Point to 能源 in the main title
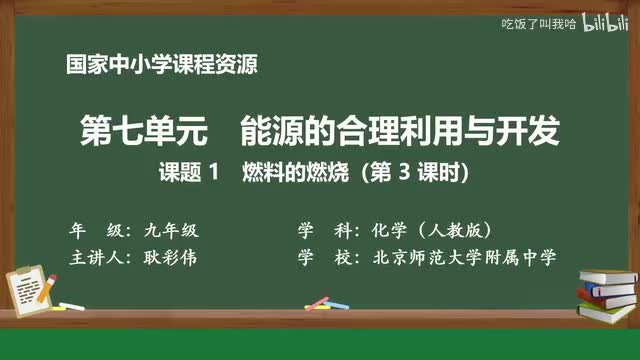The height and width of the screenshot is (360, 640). tap(271, 130)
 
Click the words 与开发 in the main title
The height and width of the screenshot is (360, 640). tap(499, 130)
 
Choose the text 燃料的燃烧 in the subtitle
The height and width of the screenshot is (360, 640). tap(284, 172)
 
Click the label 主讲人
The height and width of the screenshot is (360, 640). tap(96, 257)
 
